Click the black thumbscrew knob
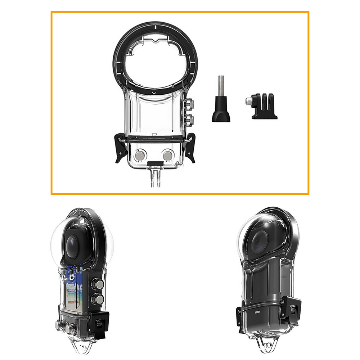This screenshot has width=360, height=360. tap(221, 114)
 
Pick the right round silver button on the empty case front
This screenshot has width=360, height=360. tap(167, 155)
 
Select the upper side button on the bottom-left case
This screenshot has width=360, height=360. tap(98, 284)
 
